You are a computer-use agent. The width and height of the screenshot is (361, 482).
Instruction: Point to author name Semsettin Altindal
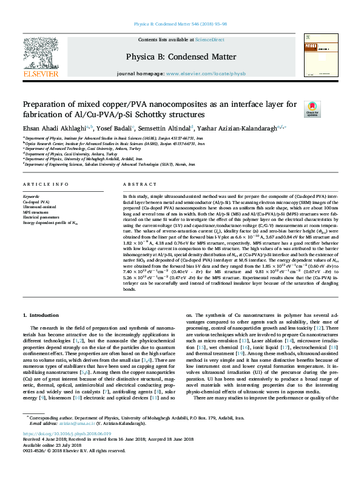166,128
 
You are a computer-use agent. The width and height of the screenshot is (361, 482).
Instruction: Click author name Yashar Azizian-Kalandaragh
238,128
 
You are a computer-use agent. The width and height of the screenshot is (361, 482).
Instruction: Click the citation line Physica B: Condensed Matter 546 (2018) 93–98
180,25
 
